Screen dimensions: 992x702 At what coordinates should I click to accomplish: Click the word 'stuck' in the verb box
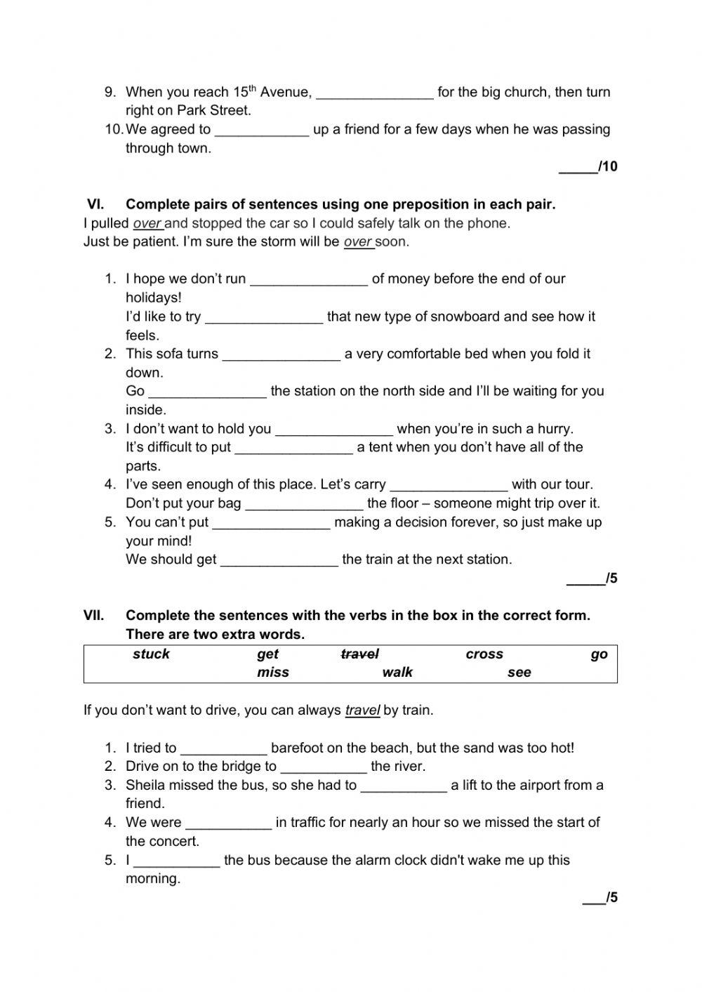pyautogui.click(x=151, y=654)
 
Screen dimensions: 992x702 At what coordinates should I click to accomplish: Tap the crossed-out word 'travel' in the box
pyautogui.click(x=359, y=654)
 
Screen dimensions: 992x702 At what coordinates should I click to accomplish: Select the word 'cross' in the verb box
pyautogui.click(x=484, y=654)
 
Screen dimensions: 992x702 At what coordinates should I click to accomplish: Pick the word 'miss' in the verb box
pyautogui.click(x=273, y=673)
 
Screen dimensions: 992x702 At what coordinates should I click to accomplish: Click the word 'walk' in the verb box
pyautogui.click(x=397, y=673)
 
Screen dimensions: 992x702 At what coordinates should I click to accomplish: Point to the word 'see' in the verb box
pyautogui.click(x=519, y=673)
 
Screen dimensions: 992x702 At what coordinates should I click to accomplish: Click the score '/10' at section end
pyautogui.click(x=607, y=166)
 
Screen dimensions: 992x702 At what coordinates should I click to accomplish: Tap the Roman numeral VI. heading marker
pyautogui.click(x=95, y=204)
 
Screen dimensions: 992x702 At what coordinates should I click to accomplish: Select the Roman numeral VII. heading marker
pyautogui.click(x=94, y=616)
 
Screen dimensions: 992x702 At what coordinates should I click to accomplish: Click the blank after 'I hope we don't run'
pyautogui.click(x=309, y=280)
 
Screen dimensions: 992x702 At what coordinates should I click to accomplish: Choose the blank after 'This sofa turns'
pyautogui.click(x=281, y=355)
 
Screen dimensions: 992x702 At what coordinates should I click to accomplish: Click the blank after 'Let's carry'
pyautogui.click(x=448, y=486)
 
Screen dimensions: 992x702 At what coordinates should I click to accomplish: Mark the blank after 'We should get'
pyautogui.click(x=279, y=561)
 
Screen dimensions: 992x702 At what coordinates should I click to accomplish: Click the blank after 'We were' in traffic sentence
pyautogui.click(x=228, y=824)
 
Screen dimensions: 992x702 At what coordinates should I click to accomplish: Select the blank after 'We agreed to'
pyautogui.click(x=261, y=131)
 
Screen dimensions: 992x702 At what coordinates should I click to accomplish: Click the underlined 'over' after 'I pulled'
pyautogui.click(x=147, y=223)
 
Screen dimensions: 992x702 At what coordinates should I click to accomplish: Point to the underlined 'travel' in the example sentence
pyautogui.click(x=362, y=710)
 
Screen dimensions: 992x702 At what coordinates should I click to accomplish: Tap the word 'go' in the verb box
pyautogui.click(x=599, y=654)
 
